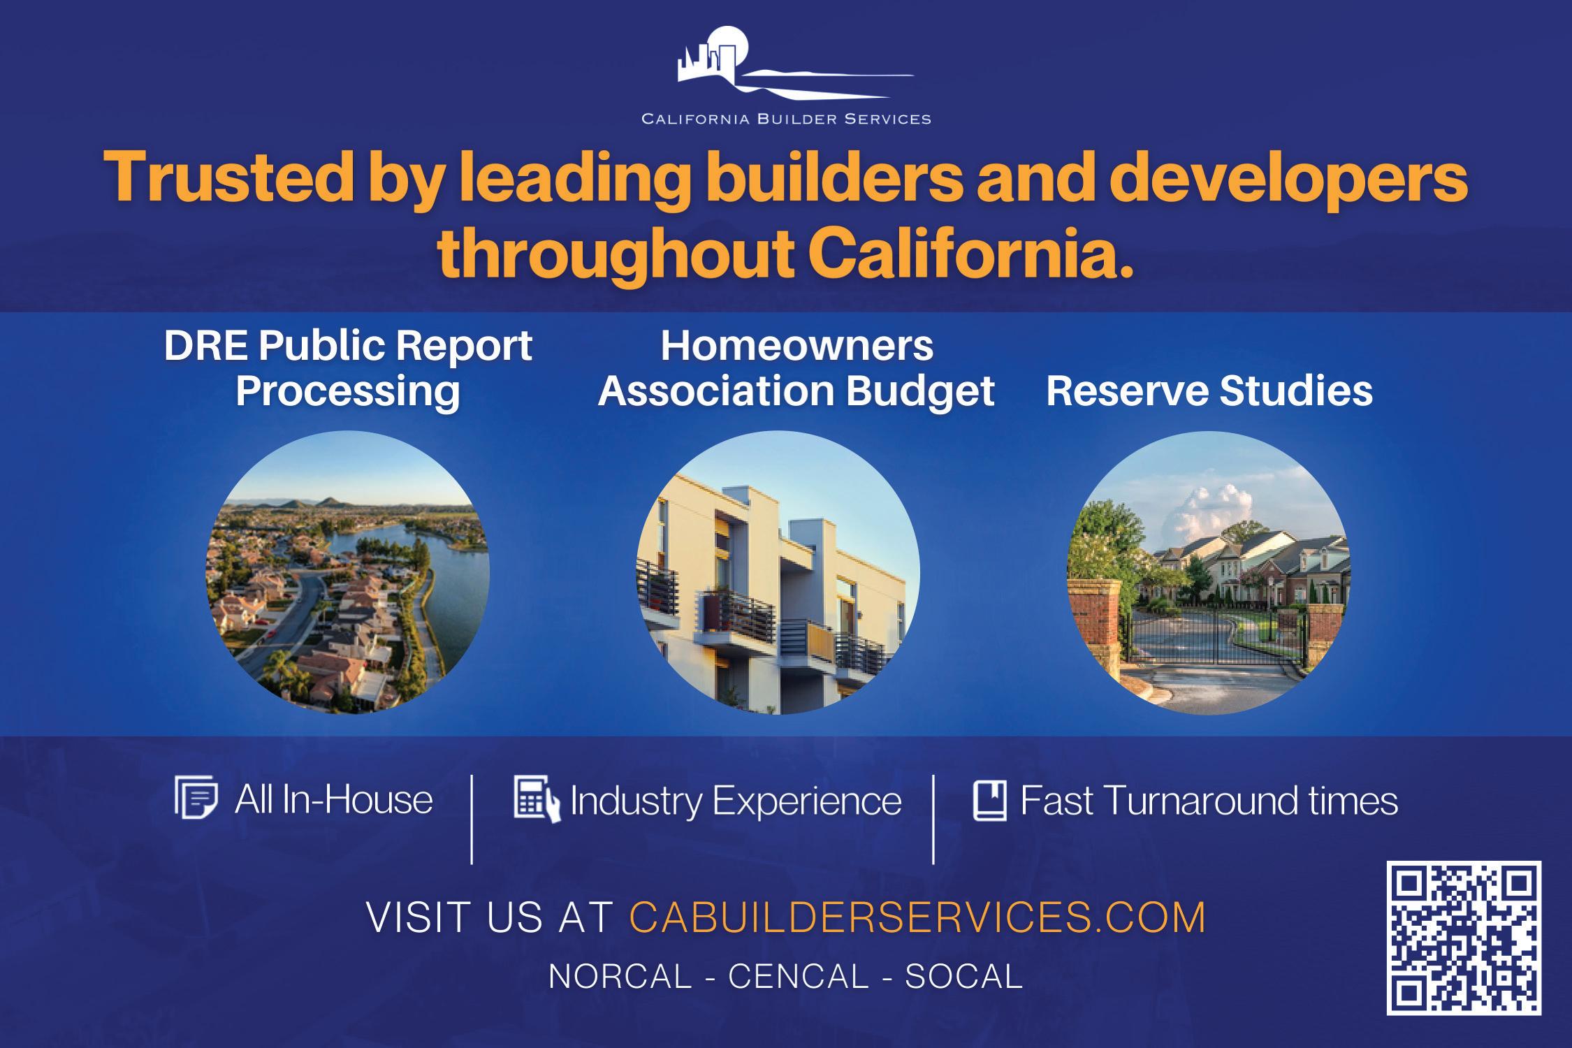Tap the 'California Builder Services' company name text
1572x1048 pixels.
pyautogui.click(x=786, y=119)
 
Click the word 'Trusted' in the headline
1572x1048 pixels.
pyautogui.click(x=225, y=178)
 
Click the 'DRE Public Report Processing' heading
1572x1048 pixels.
pyautogui.click(x=348, y=367)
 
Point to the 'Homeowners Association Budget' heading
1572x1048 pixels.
pyautogui.click(x=796, y=367)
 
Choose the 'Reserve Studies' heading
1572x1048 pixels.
pyautogui.click(x=1209, y=390)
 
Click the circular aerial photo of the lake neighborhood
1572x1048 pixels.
pyautogui.click(x=347, y=572)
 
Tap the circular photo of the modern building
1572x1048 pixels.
pyautogui.click(x=778, y=572)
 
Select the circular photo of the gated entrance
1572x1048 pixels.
pyautogui.click(x=1209, y=572)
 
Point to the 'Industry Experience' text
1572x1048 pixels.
pyautogui.click(x=736, y=801)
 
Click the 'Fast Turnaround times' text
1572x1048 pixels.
pyautogui.click(x=1209, y=800)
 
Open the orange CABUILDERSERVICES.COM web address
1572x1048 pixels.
pyautogui.click(x=918, y=917)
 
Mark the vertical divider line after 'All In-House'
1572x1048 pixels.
pyautogui.click(x=472, y=819)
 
